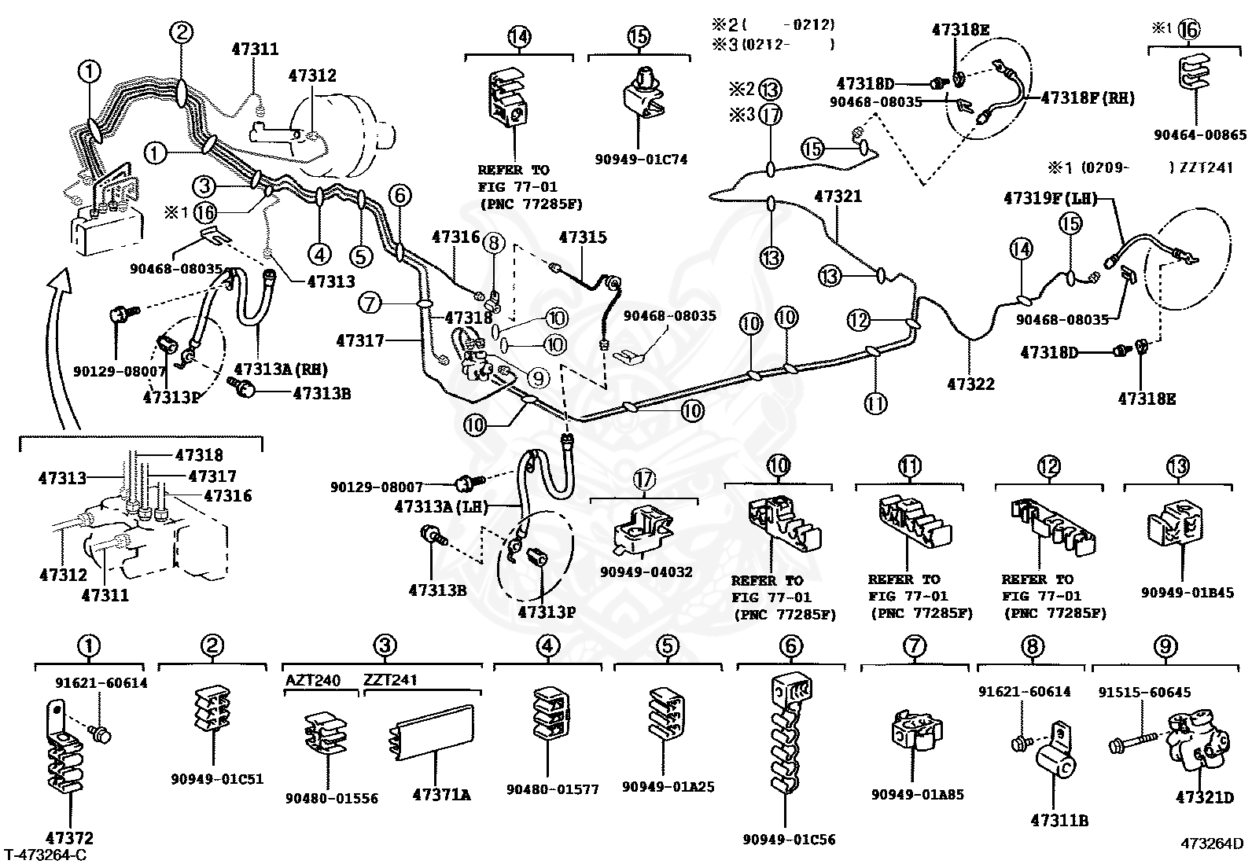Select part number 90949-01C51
pos(217,779)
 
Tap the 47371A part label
pos(441,795)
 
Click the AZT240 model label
pos(313,680)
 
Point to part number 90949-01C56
pos(789,840)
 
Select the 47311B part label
pos(1059,821)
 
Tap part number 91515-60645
pos(1144,693)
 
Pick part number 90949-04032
pos(646,572)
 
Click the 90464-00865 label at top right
pos(1200,135)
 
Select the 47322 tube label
pos(970,384)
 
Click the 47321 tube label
pos(838,197)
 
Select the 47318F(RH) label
pos(1088,98)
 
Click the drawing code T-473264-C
pos(45,855)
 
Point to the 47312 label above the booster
pos(311,75)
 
